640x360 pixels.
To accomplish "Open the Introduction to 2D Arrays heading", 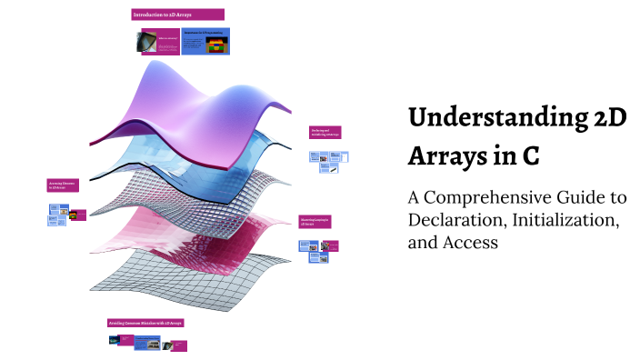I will click(x=178, y=15).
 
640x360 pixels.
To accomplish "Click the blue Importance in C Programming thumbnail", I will click(x=205, y=41).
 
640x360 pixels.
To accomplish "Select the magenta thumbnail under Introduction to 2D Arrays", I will click(x=168, y=42).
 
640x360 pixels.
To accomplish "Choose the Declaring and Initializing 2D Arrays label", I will click(x=325, y=133).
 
